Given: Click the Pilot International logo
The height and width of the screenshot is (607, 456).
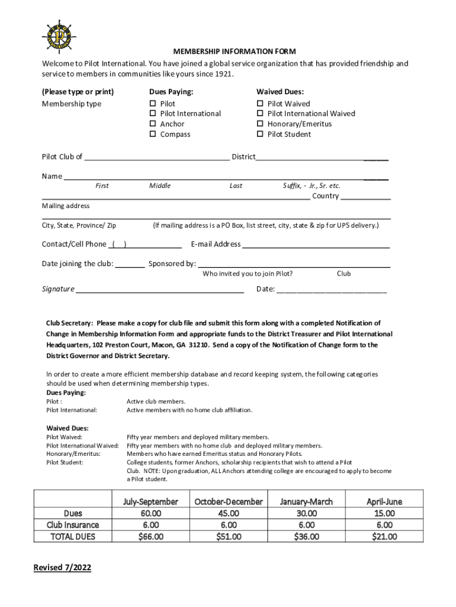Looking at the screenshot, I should (x=60, y=36).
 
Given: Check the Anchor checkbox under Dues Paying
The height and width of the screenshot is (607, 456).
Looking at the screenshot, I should (x=153, y=124).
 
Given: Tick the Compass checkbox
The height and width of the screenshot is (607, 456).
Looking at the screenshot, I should (x=153, y=135).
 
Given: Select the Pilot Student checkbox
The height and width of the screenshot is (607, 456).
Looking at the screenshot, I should (x=260, y=135).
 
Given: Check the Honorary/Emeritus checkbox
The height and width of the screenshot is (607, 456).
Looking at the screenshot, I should (x=260, y=124).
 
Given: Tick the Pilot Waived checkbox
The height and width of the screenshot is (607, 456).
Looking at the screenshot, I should (x=260, y=104).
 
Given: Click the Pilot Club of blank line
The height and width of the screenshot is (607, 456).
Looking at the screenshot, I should (x=157, y=158).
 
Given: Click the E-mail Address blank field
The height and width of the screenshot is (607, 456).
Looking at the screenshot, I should (x=316, y=244).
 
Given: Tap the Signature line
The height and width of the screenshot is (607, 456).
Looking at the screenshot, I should (x=160, y=289).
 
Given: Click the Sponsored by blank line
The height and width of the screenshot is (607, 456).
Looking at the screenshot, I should (x=294, y=264).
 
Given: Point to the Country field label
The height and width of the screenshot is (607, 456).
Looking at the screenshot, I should (x=325, y=196).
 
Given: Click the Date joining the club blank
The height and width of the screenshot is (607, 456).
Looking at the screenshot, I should (x=130, y=264).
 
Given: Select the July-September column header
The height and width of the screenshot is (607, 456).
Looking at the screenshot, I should (x=150, y=501).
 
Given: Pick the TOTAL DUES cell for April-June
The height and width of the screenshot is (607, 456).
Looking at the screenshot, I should (x=384, y=536).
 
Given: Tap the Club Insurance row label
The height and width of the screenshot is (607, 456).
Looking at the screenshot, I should (x=73, y=525).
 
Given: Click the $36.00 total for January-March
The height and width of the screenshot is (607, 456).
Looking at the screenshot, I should (x=306, y=536).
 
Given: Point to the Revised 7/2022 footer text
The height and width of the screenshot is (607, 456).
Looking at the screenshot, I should (x=62, y=568).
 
